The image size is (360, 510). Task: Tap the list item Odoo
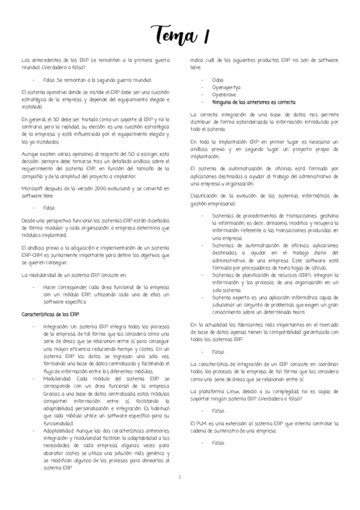click(218, 80)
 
